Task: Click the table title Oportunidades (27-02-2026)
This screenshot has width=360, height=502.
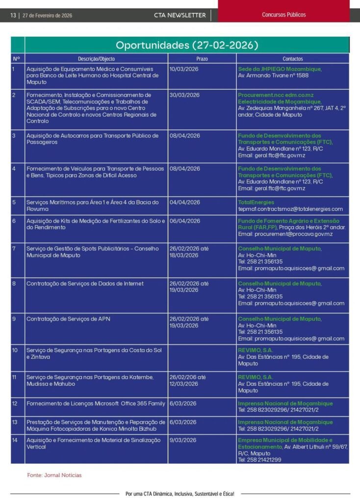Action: (187, 45)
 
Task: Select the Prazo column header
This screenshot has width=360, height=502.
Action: (202, 59)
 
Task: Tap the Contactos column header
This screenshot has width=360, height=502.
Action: (293, 59)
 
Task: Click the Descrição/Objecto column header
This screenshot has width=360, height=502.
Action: (96, 59)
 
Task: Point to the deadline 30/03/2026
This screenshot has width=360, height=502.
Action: (184, 95)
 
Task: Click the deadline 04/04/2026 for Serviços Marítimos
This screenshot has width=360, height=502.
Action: (184, 202)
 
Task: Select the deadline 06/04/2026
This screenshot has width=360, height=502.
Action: (184, 221)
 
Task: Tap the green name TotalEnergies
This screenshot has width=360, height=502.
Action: (256, 202)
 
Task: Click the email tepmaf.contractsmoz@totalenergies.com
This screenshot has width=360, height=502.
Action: (290, 209)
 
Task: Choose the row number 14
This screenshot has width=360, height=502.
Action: (15, 440)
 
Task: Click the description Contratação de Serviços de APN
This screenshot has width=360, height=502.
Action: (68, 319)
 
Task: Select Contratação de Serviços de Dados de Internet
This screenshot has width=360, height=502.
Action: (85, 283)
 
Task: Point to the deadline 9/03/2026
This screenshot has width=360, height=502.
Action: (183, 440)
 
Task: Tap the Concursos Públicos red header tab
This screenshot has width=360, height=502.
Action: (283, 15)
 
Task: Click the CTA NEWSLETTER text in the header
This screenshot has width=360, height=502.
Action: (180, 15)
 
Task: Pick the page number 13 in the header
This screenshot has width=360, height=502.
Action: (13, 15)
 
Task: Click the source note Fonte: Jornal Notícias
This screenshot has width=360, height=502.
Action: (54, 475)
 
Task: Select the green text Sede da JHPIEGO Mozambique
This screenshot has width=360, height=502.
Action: (280, 69)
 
